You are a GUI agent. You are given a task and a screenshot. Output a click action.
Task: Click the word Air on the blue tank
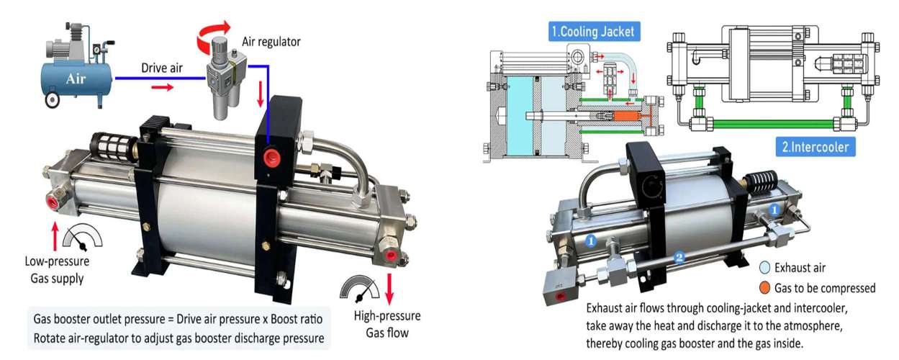coord(76,78)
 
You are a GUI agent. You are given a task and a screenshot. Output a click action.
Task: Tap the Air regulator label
coord(271,42)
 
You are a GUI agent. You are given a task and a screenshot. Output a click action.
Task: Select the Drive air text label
coord(162,68)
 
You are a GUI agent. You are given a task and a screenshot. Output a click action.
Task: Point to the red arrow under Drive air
coord(162,87)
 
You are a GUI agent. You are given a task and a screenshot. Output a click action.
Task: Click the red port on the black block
coord(271,156)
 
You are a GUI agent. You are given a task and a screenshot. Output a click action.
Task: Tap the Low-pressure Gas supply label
coord(57,270)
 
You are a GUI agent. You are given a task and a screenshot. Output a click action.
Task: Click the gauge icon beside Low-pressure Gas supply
coord(83,238)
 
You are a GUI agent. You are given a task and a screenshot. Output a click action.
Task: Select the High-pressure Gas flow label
coord(387,324)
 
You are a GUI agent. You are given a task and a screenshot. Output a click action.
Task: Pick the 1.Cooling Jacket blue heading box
coord(594,31)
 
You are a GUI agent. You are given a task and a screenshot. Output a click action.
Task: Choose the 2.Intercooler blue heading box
coord(815,147)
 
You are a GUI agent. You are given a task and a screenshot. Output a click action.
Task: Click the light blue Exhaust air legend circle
coord(765,267)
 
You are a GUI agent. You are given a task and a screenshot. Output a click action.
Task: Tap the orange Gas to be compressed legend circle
coord(765,288)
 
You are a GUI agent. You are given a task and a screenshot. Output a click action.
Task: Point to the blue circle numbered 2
coord(679,257)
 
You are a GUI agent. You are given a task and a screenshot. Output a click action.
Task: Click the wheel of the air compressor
coord(52,100)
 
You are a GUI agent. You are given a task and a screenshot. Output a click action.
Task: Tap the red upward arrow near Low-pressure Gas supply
coord(55,236)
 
